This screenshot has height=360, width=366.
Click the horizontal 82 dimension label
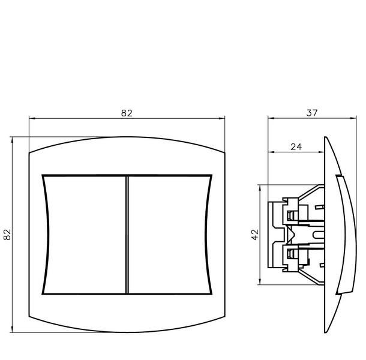pyautogui.click(x=127, y=113)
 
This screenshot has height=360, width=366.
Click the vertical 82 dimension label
pyautogui.click(x=7, y=235)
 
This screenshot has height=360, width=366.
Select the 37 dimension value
pyautogui.click(x=312, y=113)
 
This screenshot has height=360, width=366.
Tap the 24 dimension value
pyautogui.click(x=296, y=147)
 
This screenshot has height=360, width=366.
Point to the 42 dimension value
pyautogui.click(x=255, y=235)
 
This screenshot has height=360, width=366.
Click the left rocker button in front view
pyautogui.click(x=85, y=235)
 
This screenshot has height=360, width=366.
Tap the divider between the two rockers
pyautogui.click(x=127, y=235)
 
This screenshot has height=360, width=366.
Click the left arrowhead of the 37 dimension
pyautogui.click(x=271, y=118)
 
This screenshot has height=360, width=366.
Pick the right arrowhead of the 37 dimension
pyautogui.click(x=353, y=118)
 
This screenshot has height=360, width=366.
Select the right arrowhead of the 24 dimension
pyautogui.click(x=322, y=152)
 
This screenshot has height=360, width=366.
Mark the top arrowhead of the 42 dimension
pyautogui.click(x=260, y=187)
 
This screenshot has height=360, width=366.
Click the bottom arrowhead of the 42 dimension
pyautogui.click(x=260, y=282)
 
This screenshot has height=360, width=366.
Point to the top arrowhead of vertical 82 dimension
pyautogui.click(x=12, y=140)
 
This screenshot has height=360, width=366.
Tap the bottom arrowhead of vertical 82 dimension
pyautogui.click(x=12, y=329)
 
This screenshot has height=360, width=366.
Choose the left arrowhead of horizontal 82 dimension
pyautogui.click(x=32, y=118)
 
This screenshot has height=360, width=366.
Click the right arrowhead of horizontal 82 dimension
pyautogui.click(x=222, y=118)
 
